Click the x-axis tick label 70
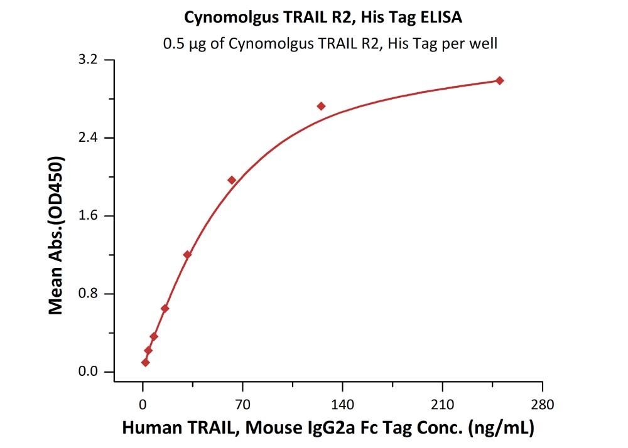pyautogui.click(x=242, y=404)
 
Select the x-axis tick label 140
pyautogui.click(x=342, y=404)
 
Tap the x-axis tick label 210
pyautogui.click(x=442, y=404)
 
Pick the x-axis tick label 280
pyautogui.click(x=542, y=404)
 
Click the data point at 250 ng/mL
pyautogui.click(x=499, y=80)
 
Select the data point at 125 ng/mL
pyautogui.click(x=321, y=106)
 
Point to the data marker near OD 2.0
pyautogui.click(x=232, y=180)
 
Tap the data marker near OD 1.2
pyautogui.click(x=187, y=254)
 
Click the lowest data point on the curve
pyautogui.click(x=146, y=362)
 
